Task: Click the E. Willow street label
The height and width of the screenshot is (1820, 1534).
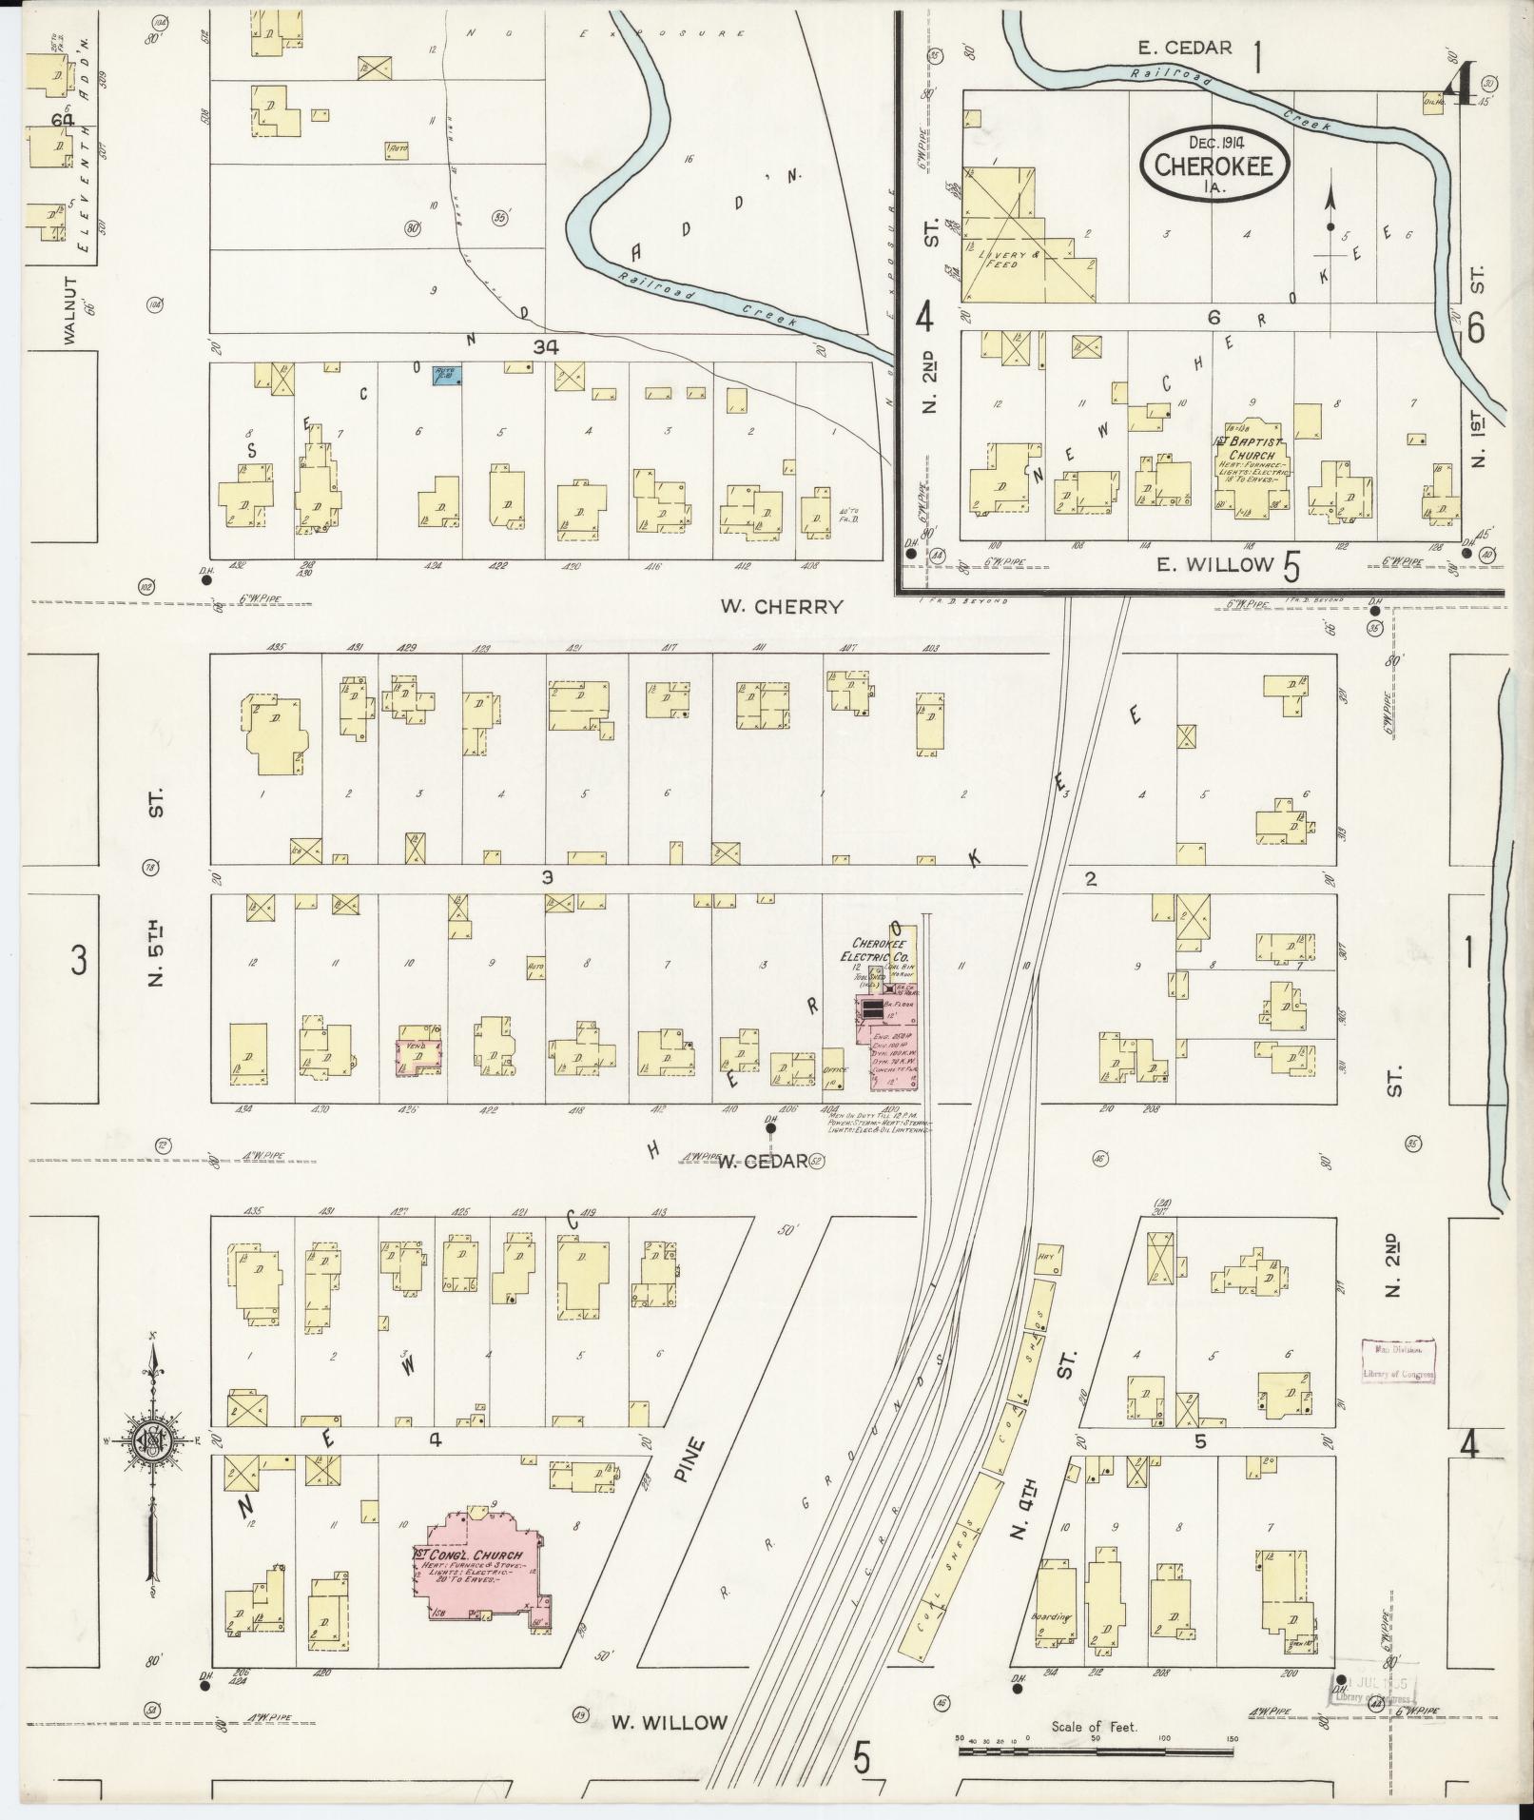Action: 1214,564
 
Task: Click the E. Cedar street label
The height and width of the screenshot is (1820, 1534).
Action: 1184,48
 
